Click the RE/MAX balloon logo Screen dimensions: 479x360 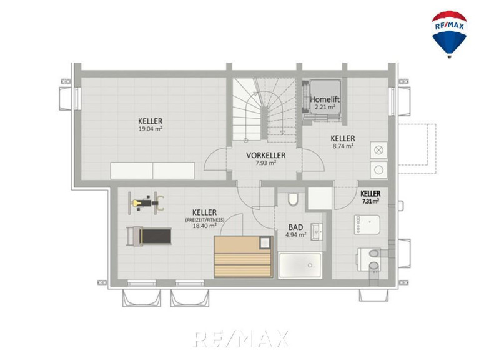click(449, 34)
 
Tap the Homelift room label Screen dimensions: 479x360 click(325, 99)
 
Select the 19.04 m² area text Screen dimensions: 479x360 click(151, 129)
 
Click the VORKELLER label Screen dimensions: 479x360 click(266, 155)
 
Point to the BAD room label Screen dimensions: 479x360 click(296, 227)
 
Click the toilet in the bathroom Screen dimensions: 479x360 click(293, 199)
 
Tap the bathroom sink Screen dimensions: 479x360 click(317, 232)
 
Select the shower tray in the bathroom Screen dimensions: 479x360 click(300, 265)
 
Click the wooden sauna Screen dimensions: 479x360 click(243, 257)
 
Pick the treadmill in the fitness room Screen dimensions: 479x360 click(149, 236)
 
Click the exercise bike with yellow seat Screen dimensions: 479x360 click(146, 203)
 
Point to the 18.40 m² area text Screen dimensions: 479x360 click(205, 226)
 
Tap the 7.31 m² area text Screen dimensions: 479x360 click(370, 201)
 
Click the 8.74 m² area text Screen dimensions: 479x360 click(343, 146)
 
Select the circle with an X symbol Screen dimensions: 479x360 click(378, 150)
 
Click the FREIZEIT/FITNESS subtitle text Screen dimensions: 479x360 click(205, 220)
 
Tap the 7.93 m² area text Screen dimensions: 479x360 click(266, 163)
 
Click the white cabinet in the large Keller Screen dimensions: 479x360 click(152, 171)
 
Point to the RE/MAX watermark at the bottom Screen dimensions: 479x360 click(240, 339)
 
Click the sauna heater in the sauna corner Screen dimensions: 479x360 click(265, 242)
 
